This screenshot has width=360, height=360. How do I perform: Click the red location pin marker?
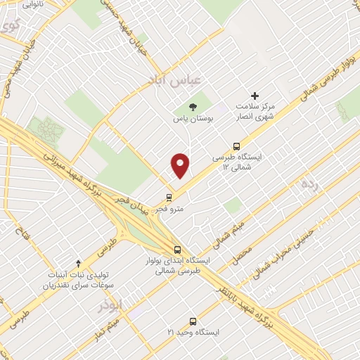(x=181, y=165)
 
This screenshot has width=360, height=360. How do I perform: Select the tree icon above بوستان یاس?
(x=193, y=106)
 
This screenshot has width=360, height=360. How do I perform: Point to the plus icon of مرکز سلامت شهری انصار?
(x=255, y=96)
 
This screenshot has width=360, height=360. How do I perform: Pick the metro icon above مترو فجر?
(x=169, y=197)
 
